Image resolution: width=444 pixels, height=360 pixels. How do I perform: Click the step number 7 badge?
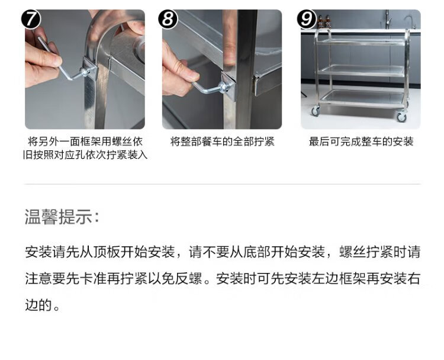[31, 19]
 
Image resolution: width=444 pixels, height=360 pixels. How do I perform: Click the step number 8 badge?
[168, 19]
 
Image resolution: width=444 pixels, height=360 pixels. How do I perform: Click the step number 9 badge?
[307, 19]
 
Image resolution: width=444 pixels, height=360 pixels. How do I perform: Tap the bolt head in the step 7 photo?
[85, 72]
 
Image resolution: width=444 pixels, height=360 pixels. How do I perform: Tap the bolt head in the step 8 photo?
[224, 86]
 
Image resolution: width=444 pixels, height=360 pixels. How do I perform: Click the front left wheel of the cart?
[316, 111]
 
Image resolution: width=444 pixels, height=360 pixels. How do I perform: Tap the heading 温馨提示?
[62, 217]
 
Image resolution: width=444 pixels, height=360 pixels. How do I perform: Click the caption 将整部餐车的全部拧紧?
[222, 142]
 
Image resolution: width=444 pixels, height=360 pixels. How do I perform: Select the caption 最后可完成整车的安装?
[361, 142]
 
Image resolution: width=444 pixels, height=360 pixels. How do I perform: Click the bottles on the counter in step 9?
[324, 21]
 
